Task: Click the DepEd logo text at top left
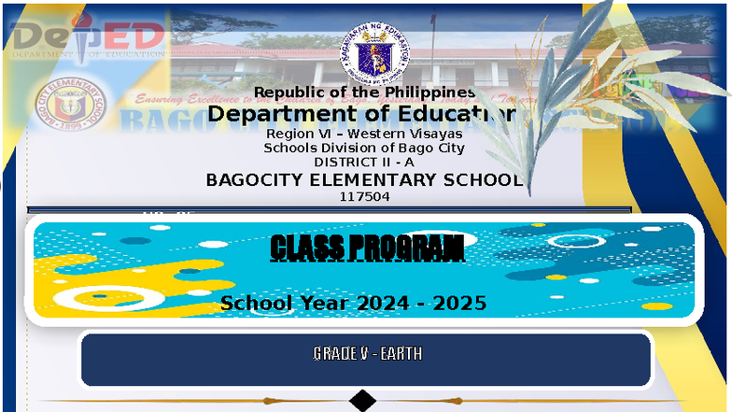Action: point(89,37)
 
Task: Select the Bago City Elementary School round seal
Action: point(70,105)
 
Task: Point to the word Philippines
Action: point(429,92)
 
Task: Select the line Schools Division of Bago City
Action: point(364,148)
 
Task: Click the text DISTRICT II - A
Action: point(364,162)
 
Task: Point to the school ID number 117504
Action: point(364,196)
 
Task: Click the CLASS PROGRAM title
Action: point(366,249)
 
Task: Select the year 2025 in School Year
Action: point(459,303)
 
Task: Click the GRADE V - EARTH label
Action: point(367,353)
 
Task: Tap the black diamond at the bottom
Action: point(362,401)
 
